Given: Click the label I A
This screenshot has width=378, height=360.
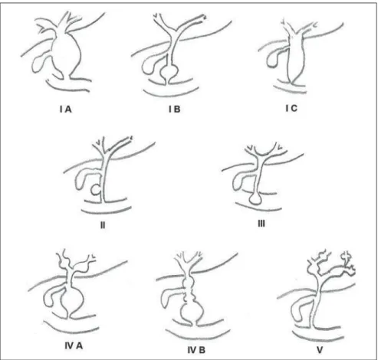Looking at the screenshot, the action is tap(66, 110).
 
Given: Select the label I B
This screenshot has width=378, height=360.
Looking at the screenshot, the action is tap(175, 110).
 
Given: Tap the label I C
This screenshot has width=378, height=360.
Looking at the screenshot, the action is tap(291, 108).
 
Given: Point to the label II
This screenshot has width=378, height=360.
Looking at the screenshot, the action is tap(103, 225).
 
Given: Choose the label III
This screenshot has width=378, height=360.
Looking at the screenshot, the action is tap(261, 224).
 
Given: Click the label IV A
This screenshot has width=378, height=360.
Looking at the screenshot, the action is tap(74, 346).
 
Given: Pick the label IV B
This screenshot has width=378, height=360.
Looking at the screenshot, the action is tap(196, 350).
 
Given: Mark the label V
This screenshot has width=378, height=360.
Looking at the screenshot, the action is tap(320, 350).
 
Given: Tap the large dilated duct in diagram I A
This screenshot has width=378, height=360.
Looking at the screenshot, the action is tap(67, 54).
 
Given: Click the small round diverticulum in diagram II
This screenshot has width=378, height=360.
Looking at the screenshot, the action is tap(96, 190).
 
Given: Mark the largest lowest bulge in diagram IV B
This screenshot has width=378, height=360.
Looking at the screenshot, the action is tap(192, 312).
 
